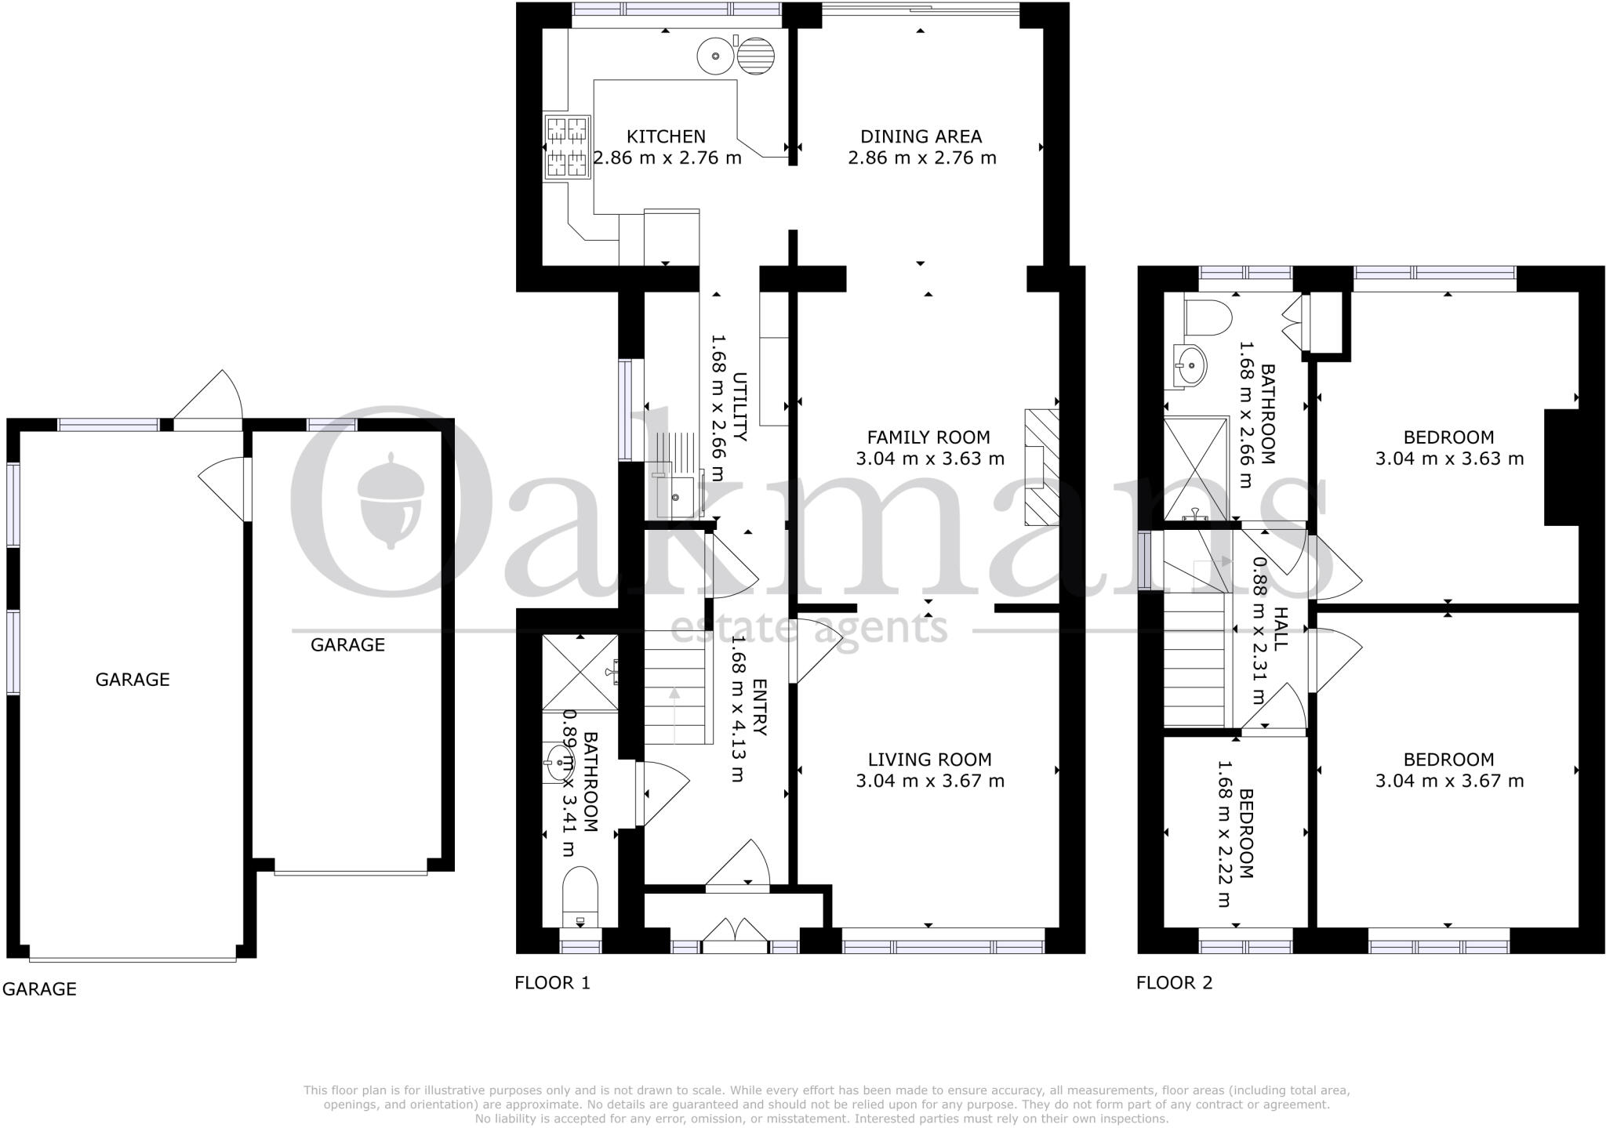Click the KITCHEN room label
click(666, 136)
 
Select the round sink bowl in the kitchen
click(714, 56)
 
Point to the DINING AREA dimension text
click(921, 158)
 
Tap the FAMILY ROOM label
click(928, 437)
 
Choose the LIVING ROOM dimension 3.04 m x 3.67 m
click(929, 780)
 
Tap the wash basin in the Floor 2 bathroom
click(1190, 365)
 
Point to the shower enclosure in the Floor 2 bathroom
click(1195, 468)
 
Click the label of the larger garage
click(133, 679)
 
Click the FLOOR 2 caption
click(1174, 982)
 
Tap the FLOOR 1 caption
click(552, 982)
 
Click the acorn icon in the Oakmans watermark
click(391, 501)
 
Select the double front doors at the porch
click(735, 938)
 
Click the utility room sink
click(674, 496)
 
